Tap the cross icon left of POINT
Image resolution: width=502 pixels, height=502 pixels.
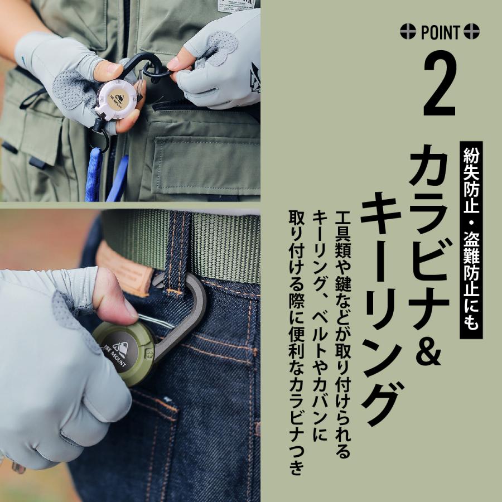coord(408,32)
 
